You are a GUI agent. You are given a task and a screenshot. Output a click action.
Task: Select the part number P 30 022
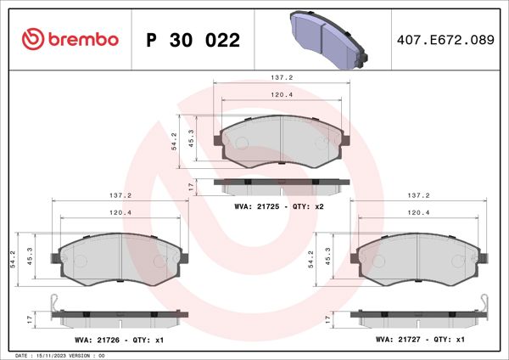193,40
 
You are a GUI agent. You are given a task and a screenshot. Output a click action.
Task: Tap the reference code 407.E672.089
445,40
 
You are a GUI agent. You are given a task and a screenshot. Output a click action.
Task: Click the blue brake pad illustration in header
329,39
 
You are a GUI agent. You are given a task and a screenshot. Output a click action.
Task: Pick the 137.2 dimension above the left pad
119,194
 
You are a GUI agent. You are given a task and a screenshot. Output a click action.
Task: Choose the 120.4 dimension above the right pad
417,212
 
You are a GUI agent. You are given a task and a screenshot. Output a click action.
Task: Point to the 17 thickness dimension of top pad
191,185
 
